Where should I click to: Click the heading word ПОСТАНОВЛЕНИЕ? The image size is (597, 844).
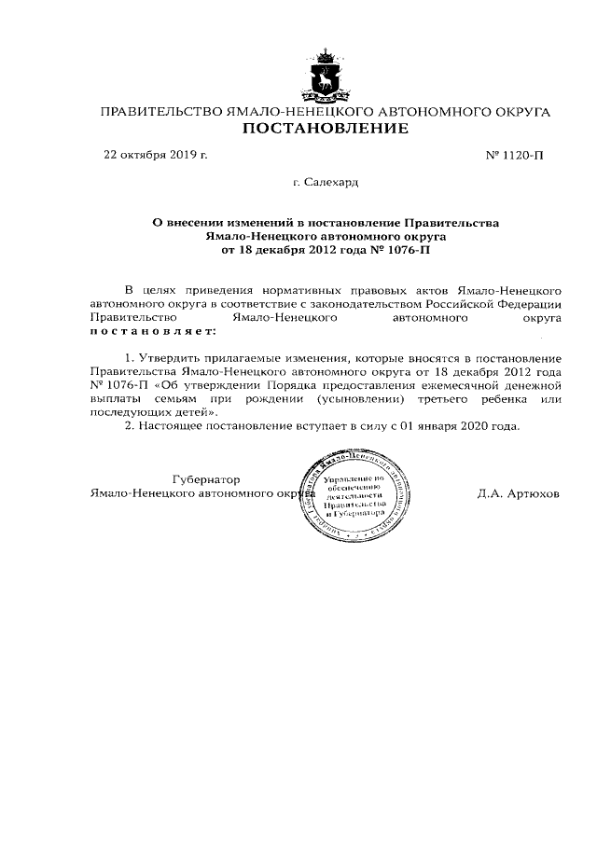[x=326, y=128]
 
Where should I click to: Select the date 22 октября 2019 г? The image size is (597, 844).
[x=155, y=155]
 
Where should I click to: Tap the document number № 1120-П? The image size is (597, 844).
[x=515, y=156]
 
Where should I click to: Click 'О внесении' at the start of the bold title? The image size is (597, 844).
[x=186, y=224]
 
